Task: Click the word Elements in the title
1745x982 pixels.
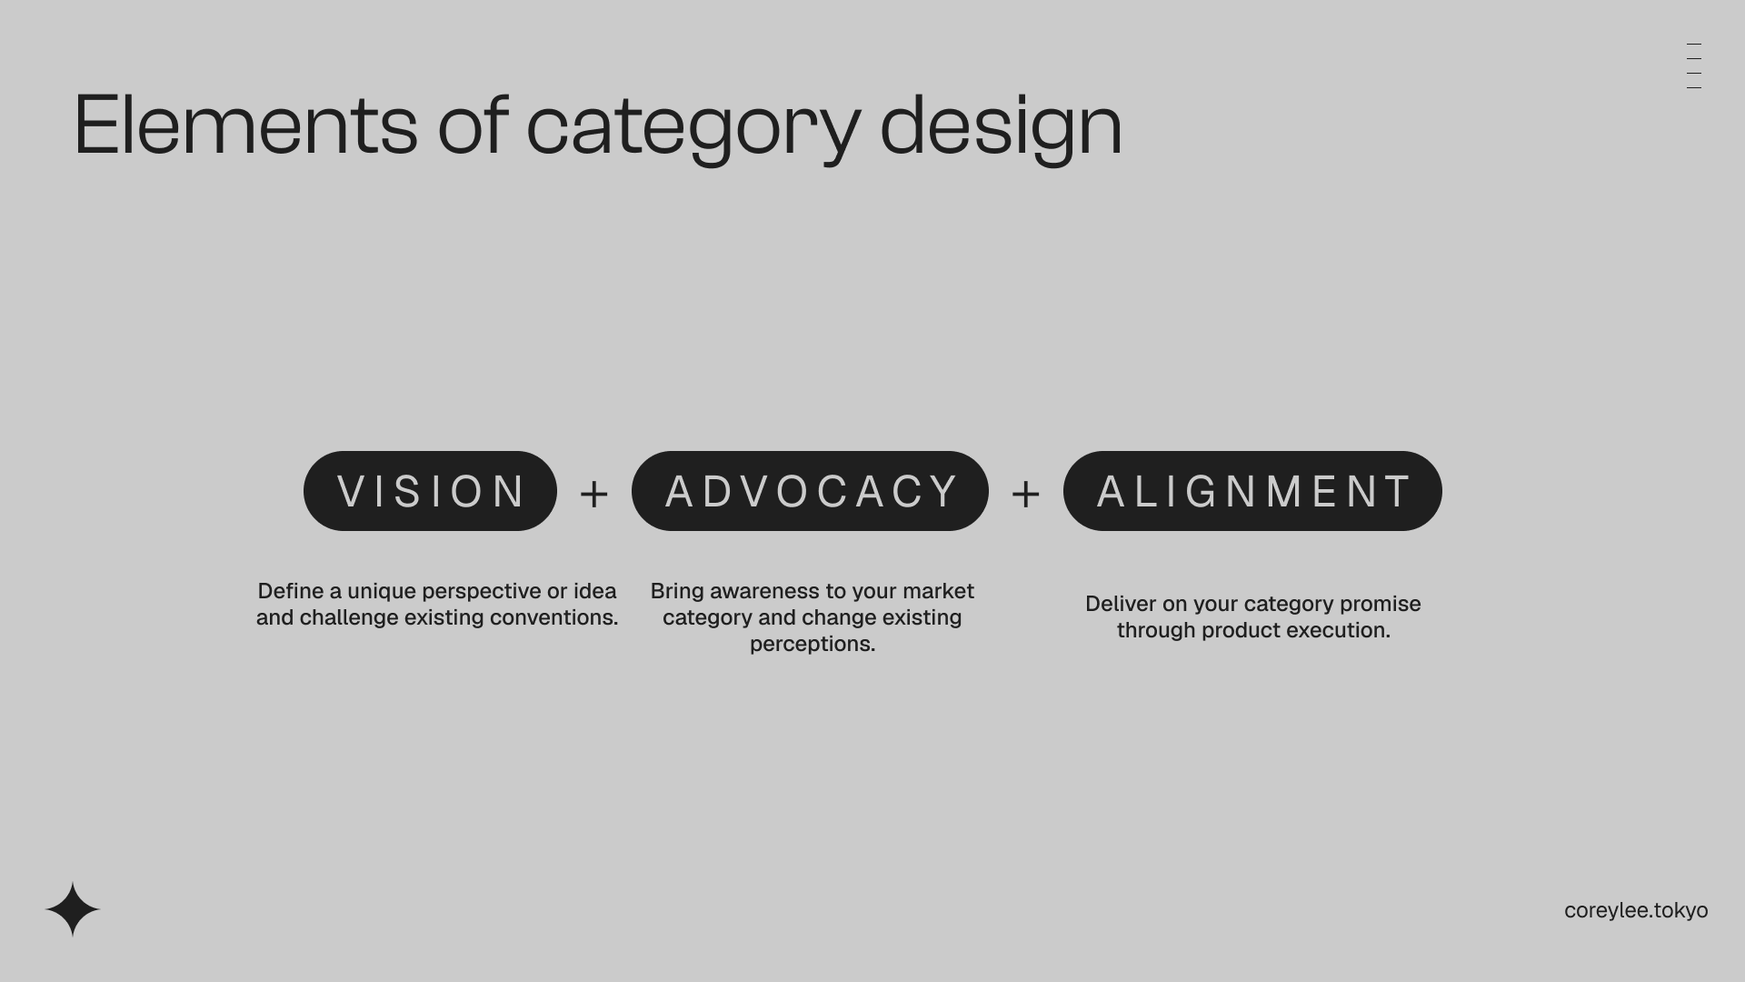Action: (x=245, y=125)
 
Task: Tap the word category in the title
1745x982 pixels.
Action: (x=693, y=130)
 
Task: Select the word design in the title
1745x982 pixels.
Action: (x=1001, y=128)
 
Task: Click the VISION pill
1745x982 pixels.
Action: (x=430, y=491)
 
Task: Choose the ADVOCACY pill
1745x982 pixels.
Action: (x=810, y=491)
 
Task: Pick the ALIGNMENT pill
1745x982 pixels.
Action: (x=1252, y=491)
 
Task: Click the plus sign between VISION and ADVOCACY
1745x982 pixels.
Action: (x=594, y=494)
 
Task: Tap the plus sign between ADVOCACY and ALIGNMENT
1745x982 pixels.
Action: (x=1026, y=494)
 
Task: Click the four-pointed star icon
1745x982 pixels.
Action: (x=73, y=909)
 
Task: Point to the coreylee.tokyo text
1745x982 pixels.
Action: (x=1636, y=910)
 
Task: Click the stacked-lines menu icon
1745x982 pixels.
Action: (x=1694, y=65)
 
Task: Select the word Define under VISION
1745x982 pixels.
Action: (x=291, y=591)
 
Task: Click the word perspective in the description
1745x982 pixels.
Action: (x=481, y=592)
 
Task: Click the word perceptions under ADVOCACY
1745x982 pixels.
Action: (x=813, y=645)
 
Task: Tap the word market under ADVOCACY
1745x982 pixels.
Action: (x=939, y=591)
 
